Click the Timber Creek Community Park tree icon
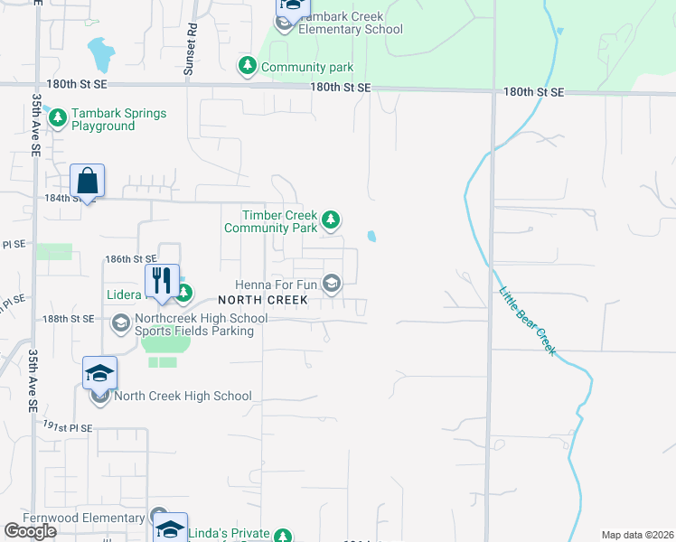(x=332, y=219)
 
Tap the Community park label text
(x=306, y=67)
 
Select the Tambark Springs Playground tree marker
(x=58, y=118)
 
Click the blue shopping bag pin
(x=88, y=181)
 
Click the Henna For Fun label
(x=277, y=285)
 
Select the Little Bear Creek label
(x=528, y=321)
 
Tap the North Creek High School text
(x=183, y=396)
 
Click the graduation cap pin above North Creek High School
(x=99, y=372)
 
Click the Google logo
(x=31, y=531)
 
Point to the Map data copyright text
(x=638, y=535)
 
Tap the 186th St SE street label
(x=131, y=258)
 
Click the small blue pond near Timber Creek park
(x=372, y=237)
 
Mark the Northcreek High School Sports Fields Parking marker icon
(x=120, y=322)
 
